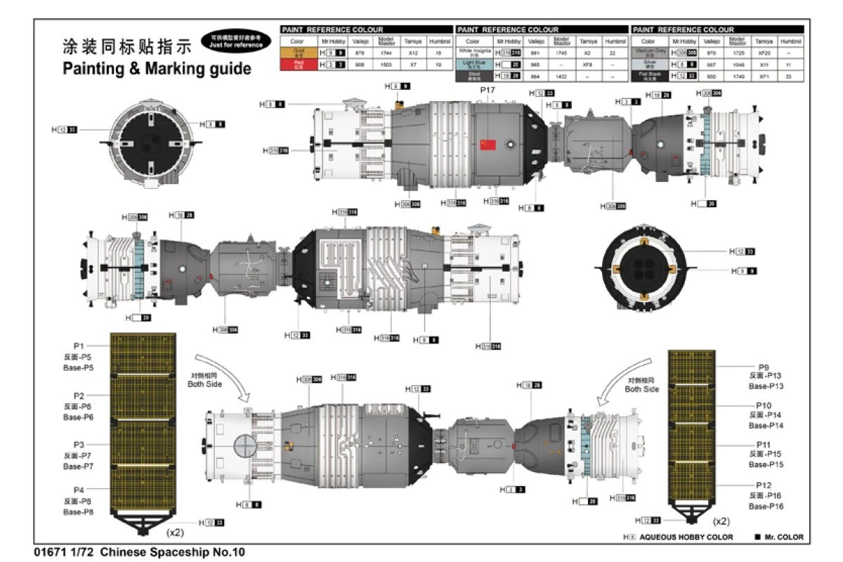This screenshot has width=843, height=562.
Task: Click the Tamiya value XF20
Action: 759,52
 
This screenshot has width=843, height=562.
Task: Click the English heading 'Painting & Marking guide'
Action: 157,68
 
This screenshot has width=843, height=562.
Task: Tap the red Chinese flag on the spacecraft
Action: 488,145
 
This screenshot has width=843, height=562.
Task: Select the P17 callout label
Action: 488,91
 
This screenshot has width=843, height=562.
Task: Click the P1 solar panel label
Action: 79,346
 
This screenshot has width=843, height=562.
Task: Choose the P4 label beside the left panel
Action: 79,490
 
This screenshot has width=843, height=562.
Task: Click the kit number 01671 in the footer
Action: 47,552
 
